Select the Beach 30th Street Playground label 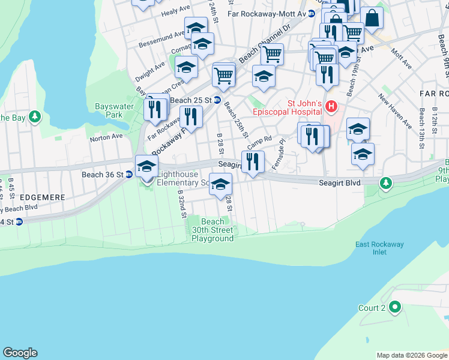pyautogui.click(x=212, y=230)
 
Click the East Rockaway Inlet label pyautogui.click(x=379, y=248)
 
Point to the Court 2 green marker pyautogui.click(x=394, y=308)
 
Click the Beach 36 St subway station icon pyautogui.click(x=129, y=175)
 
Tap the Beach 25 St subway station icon pyautogui.click(x=217, y=100)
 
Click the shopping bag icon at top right pyautogui.click(x=372, y=19)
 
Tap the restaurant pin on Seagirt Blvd pyautogui.click(x=253, y=161)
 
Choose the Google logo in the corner pyautogui.click(x=20, y=353)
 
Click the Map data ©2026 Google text pyautogui.click(x=411, y=355)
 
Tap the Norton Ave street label pyautogui.click(x=106, y=137)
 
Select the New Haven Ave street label pyautogui.click(x=394, y=110)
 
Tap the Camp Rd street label pyautogui.click(x=259, y=142)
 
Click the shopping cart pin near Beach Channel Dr pyautogui.click(x=272, y=53)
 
